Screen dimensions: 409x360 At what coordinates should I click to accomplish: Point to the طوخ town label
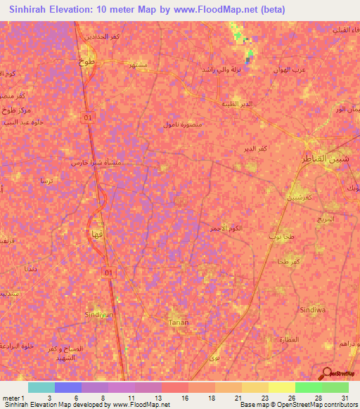click(x=77, y=61)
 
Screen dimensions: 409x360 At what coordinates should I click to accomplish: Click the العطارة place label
click(x=290, y=340)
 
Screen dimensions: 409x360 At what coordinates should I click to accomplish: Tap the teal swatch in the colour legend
click(x=41, y=387)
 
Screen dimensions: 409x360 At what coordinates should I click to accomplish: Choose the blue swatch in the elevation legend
click(x=67, y=387)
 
